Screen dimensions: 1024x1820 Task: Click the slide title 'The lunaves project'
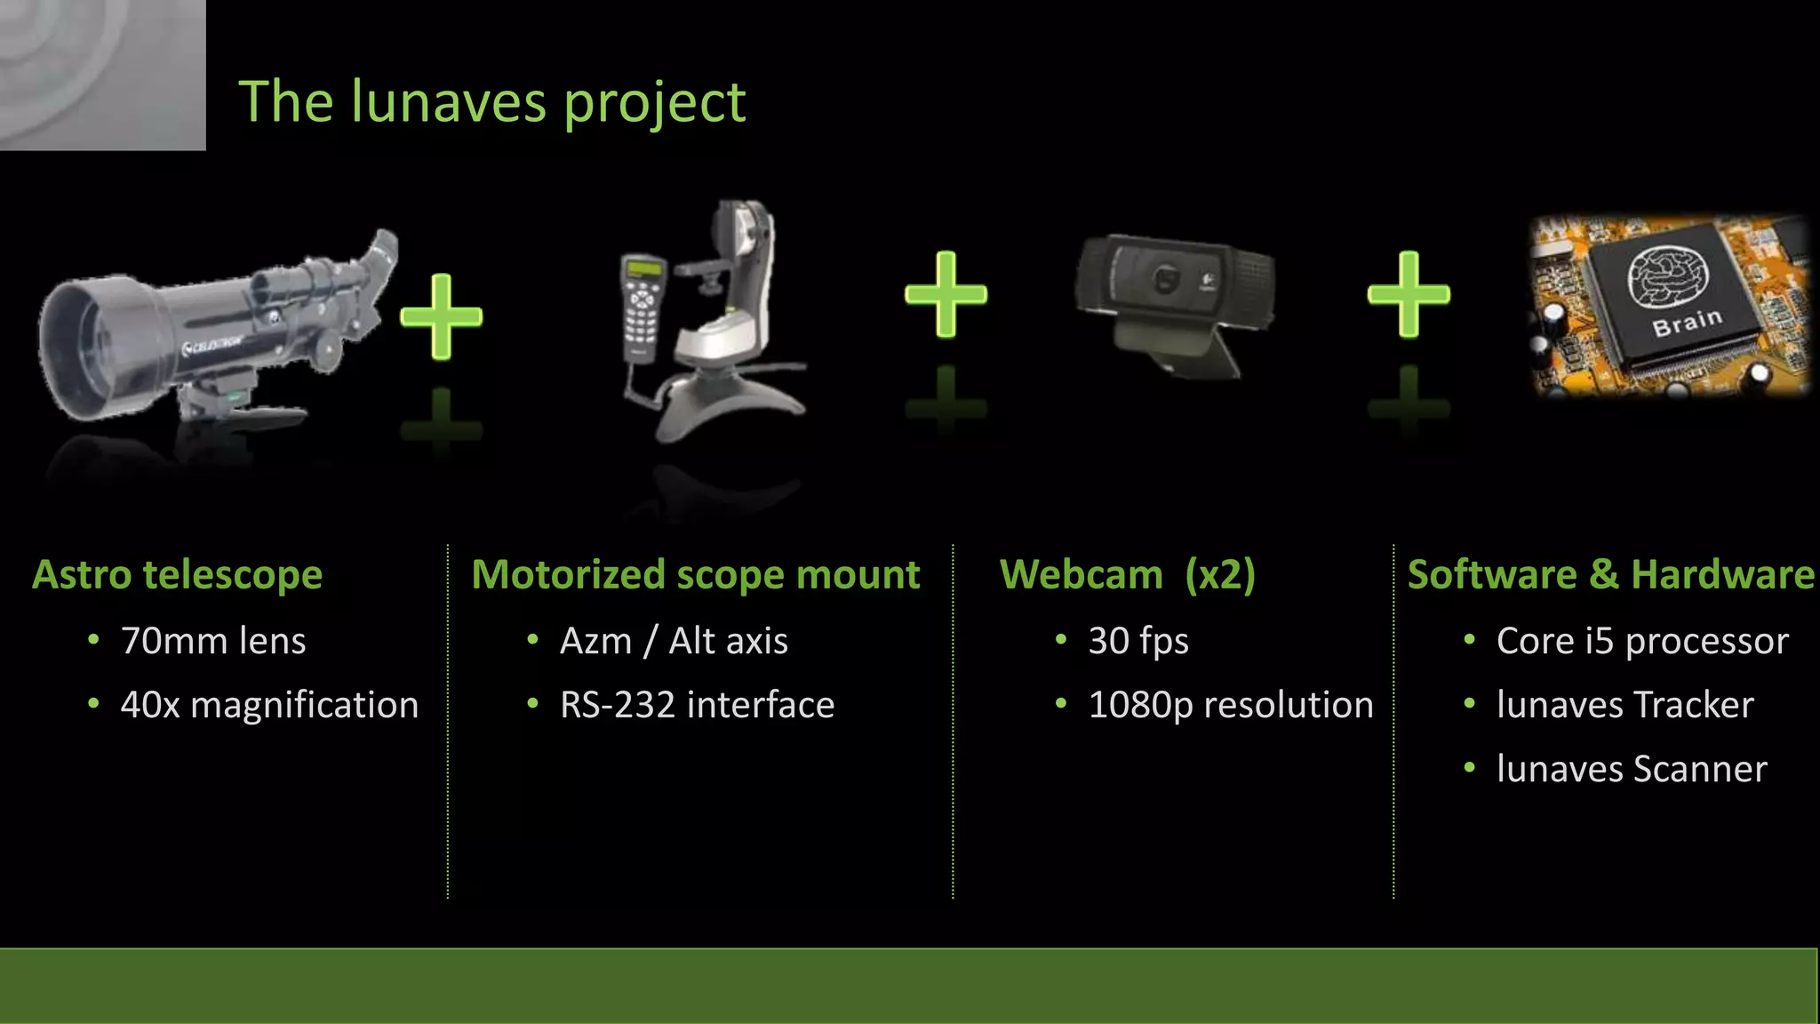coord(491,102)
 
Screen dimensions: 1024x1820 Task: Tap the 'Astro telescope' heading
coord(177,574)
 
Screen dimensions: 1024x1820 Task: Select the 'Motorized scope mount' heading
coord(695,574)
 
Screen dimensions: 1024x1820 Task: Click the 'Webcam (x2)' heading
coord(1127,574)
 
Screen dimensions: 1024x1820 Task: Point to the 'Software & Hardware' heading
coord(1610,574)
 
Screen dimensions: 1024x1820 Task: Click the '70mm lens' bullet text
coord(213,641)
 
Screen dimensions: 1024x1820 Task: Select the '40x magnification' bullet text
coord(269,705)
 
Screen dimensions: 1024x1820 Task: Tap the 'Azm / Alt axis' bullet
coord(674,641)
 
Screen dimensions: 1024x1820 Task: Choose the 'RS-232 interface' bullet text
coord(697,705)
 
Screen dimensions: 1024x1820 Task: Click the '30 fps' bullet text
coord(1138,641)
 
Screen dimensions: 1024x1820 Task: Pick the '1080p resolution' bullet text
coord(1231,705)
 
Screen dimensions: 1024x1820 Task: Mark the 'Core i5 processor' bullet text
coord(1642,641)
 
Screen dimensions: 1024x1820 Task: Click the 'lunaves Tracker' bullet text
coord(1624,705)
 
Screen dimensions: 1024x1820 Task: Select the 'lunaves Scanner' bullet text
coord(1632,769)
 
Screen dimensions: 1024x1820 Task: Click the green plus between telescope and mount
coord(441,316)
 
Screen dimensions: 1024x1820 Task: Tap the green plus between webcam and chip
coord(1409,294)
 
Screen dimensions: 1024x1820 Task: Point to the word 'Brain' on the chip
coord(1687,322)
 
